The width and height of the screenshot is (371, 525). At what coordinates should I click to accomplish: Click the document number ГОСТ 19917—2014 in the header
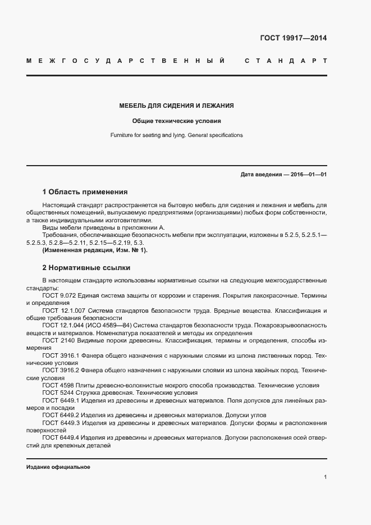[x=292, y=39]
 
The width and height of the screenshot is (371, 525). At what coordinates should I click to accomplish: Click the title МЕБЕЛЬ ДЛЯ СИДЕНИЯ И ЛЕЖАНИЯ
[x=176, y=106]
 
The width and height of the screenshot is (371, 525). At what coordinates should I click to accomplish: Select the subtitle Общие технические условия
[x=176, y=121]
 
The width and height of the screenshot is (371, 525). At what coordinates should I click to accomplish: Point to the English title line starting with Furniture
[x=176, y=135]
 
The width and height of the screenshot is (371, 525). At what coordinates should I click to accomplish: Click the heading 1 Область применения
[x=85, y=191]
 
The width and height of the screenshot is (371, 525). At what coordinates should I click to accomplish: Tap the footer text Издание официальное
[x=58, y=467]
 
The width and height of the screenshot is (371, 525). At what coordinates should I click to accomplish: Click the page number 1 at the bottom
[x=325, y=477]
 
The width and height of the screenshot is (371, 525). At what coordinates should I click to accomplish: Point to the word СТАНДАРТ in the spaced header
[x=286, y=60]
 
